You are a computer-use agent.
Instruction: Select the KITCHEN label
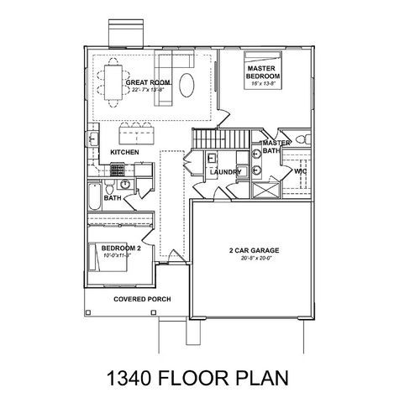click(124, 152)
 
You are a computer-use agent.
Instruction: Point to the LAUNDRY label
click(226, 172)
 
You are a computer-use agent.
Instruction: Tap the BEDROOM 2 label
click(121, 249)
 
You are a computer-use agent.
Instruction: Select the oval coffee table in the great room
click(192, 86)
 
